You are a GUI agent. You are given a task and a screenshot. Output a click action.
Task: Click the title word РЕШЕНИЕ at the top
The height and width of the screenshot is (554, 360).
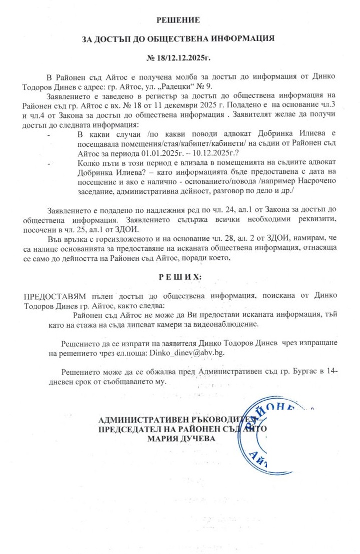178,20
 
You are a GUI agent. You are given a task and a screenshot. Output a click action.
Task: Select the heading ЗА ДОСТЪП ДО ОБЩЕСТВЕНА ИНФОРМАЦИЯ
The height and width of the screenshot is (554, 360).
178,38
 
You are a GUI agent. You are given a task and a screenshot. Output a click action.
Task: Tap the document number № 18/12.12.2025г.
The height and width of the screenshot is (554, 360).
178,58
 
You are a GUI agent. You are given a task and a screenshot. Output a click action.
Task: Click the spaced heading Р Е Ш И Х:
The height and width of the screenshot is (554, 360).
178,276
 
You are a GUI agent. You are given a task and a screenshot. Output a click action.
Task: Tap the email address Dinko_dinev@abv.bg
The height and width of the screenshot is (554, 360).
184,353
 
